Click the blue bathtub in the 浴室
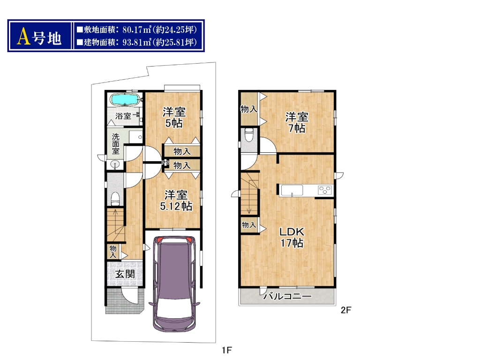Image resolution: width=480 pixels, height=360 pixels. [125, 99]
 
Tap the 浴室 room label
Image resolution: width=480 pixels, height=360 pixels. [123, 116]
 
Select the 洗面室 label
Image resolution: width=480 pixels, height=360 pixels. [115, 143]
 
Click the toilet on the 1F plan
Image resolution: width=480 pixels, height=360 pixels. [115, 199]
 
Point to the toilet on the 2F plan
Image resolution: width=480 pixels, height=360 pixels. [249, 135]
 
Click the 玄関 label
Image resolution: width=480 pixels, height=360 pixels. [125, 274]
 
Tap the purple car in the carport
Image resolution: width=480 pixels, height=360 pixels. [174, 284]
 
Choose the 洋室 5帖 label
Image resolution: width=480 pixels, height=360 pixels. [174, 118]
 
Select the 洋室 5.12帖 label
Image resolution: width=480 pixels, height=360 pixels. [176, 201]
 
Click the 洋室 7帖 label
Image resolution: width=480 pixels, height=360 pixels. [297, 122]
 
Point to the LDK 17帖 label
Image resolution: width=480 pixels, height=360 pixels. [292, 237]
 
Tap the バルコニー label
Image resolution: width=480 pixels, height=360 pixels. [287, 296]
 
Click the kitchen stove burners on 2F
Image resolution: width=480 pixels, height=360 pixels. [325, 190]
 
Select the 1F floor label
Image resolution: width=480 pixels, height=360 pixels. [227, 350]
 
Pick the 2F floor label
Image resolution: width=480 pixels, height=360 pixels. [346, 310]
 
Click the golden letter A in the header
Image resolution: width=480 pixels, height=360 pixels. [23, 37]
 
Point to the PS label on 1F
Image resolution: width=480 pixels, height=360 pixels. [165, 163]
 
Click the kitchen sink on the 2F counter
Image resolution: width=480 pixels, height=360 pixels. [292, 190]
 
